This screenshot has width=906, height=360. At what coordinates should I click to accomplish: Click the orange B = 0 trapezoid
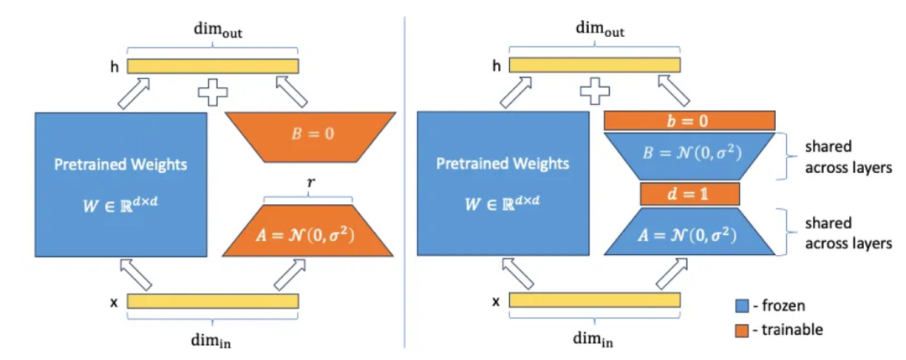pos(309,133)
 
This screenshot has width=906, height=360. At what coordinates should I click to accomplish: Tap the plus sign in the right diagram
pos(594,91)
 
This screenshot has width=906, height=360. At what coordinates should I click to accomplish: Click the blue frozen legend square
pos(741,306)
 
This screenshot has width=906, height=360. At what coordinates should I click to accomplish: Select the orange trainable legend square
pos(741,330)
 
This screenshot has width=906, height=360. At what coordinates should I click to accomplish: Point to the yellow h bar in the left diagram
pos(213,65)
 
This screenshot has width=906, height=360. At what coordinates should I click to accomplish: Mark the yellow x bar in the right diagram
pos(594,300)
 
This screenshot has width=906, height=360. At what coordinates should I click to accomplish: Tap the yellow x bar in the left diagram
pos(213,300)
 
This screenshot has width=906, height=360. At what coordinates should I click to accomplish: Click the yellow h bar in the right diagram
pos(594,65)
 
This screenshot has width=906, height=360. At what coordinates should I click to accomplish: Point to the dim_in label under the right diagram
pos(593,340)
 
